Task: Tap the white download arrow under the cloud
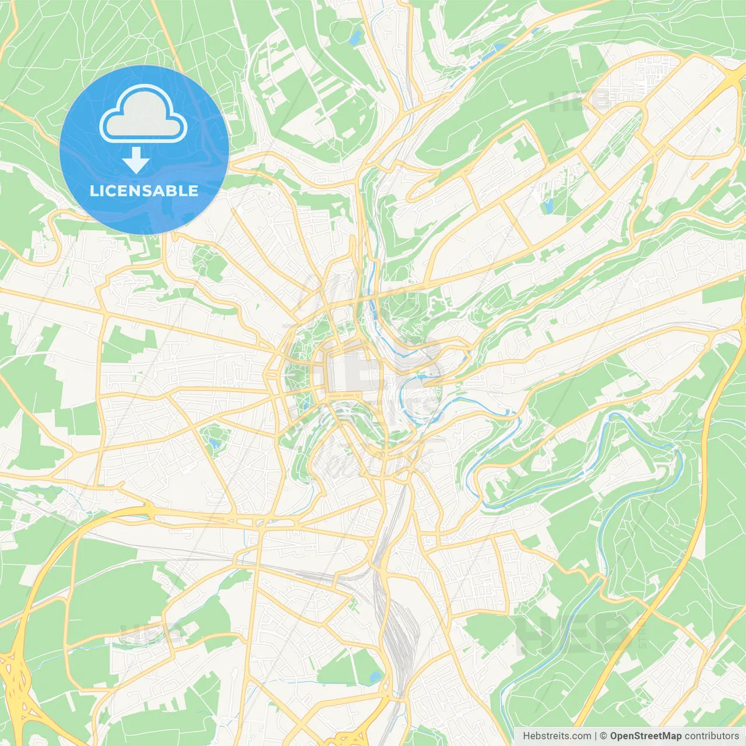[x=136, y=160]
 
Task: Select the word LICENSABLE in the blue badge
[x=144, y=191]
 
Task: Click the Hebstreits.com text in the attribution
[x=557, y=736]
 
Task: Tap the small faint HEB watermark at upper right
[x=577, y=103]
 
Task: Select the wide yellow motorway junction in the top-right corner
[x=732, y=76]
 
